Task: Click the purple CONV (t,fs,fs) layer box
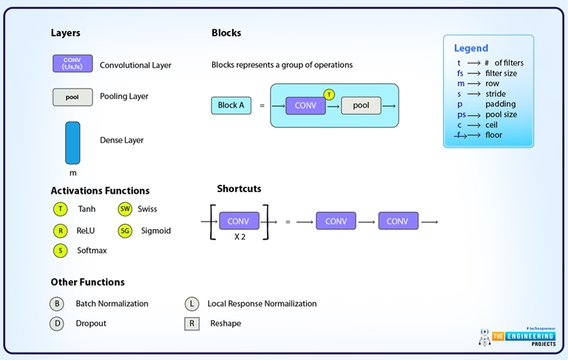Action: pos(72,64)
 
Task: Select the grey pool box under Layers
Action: pos(72,97)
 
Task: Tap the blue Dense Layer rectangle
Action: pos(72,143)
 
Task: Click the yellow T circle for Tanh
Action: pos(61,209)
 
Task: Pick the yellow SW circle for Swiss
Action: pos(125,209)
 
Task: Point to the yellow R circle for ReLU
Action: pos(61,231)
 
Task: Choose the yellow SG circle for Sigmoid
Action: pos(125,231)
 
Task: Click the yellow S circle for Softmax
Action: pos(61,251)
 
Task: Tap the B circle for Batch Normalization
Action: pos(57,304)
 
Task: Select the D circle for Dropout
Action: pos(57,324)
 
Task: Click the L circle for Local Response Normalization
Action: pos(192,304)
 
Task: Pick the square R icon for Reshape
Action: pos(192,324)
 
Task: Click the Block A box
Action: pos(231,106)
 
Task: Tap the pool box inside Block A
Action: pos(361,106)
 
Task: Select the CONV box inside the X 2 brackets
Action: pos(239,221)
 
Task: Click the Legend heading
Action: pos(471,48)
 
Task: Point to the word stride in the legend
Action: pos(496,94)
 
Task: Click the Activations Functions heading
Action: pos(100,191)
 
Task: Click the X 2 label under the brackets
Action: pos(239,237)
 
